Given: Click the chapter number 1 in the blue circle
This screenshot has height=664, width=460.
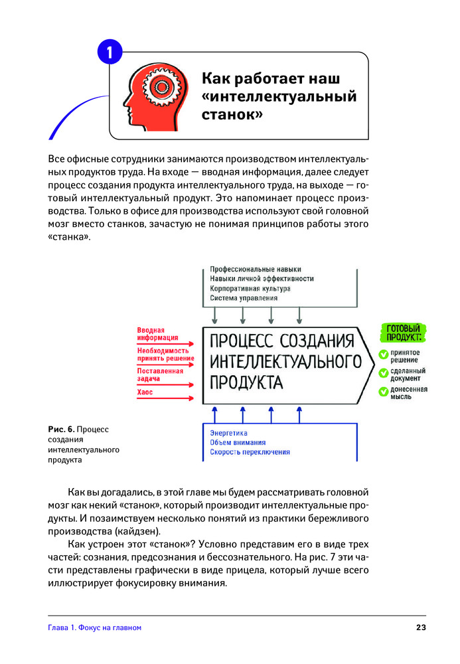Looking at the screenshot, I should (x=110, y=52).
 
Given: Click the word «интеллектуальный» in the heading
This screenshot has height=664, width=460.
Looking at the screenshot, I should (x=278, y=96).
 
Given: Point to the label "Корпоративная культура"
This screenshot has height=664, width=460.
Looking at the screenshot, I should (x=250, y=289).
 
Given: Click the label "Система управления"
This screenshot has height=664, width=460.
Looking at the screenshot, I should (x=244, y=299).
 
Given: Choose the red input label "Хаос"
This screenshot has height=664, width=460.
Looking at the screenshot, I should (x=145, y=392).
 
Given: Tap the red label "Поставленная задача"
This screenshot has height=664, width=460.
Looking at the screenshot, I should (x=160, y=374).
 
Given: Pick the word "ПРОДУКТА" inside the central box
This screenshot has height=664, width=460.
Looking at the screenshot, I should (x=246, y=383).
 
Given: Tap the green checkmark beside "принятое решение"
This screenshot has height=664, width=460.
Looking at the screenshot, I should (x=383, y=355).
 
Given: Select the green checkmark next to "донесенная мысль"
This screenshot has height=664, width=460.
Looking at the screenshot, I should (x=383, y=392).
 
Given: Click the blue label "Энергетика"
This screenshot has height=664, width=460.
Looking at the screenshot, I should (x=228, y=433).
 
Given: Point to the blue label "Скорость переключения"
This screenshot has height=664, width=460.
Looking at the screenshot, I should (x=250, y=452).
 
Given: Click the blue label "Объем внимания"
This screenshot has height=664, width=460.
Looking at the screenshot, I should (x=238, y=442).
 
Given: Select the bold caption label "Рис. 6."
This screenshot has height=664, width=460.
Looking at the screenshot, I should (x=61, y=429).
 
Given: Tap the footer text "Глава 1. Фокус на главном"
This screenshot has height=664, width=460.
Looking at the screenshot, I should (x=95, y=627).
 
